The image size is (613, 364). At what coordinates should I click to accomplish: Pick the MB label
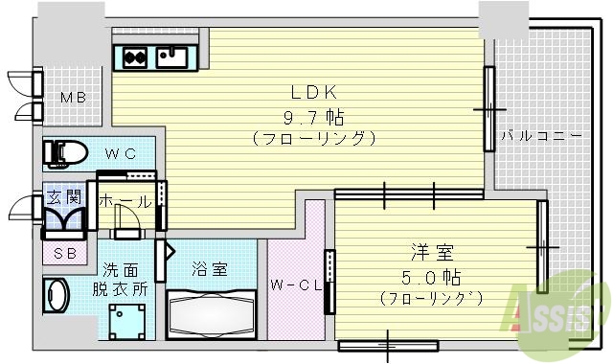click(73, 98)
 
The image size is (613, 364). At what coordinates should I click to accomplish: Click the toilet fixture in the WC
click(67, 151)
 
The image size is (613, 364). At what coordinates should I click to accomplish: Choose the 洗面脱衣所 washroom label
click(121, 279)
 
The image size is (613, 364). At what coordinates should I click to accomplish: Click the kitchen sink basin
click(173, 56)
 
